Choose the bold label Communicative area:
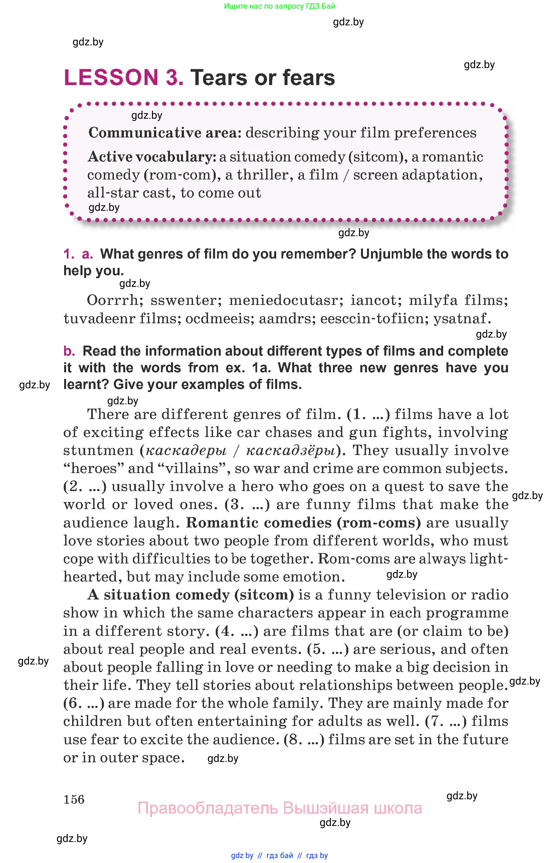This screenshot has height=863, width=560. pos(165,133)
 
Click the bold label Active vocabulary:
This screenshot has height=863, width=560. pos(152,157)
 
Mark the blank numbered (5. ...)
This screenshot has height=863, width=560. pos(328,649)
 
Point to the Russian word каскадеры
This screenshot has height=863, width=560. pos(186,450)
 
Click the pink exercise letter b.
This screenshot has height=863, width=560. pos(69,351)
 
